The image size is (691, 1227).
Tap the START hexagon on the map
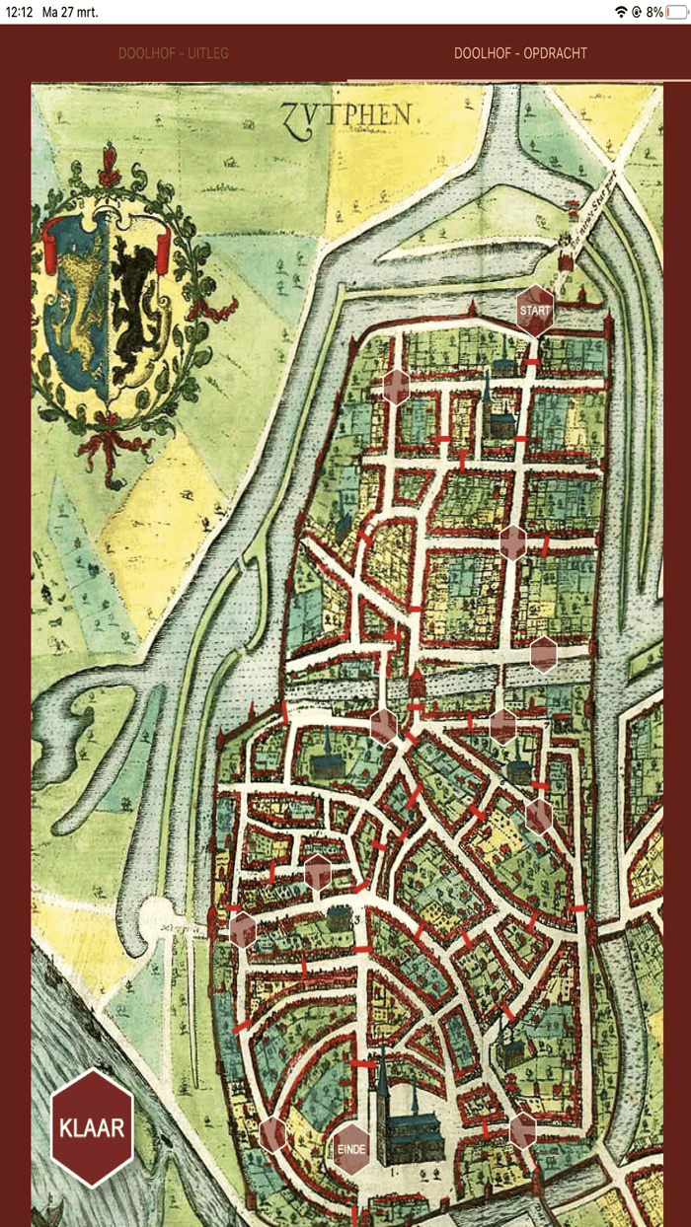pos(534,310)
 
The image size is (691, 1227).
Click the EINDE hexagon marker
pos(351,1149)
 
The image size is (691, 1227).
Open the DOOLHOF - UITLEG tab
pos(173,53)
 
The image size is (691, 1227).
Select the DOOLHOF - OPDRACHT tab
pos(520,53)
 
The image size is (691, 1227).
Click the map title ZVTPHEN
pos(345,114)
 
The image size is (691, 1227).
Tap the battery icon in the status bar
pos(676,12)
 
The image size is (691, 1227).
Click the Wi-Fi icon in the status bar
pos(621,12)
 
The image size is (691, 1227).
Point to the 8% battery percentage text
pos(653,12)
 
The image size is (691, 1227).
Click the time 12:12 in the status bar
pos(20,12)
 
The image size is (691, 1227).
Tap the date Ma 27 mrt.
pos(70,12)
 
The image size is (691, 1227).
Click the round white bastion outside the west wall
pos(159,919)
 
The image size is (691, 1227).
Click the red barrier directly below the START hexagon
pos(532,362)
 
